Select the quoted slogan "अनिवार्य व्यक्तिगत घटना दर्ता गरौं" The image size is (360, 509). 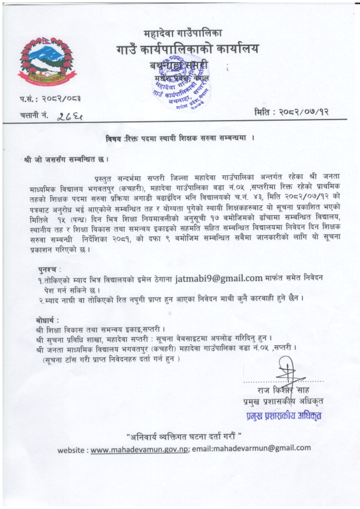click(x=183, y=435)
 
